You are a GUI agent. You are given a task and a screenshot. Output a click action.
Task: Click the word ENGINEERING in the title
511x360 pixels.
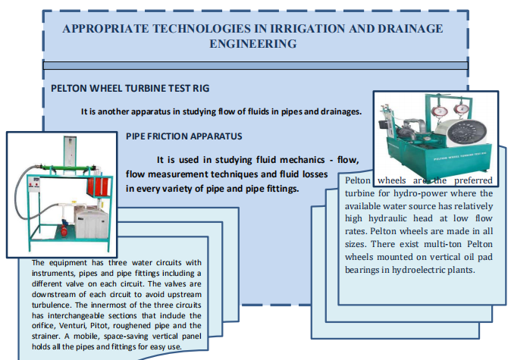253,44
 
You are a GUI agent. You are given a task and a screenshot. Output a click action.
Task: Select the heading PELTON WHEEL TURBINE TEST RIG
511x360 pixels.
130,88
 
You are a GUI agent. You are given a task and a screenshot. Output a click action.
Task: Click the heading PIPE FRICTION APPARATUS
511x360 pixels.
184,136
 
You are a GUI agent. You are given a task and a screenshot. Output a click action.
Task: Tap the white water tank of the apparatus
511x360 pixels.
92,223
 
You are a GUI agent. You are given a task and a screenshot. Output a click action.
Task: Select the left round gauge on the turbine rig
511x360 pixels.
439,111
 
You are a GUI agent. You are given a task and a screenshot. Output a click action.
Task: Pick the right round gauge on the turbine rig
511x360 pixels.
462,109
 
